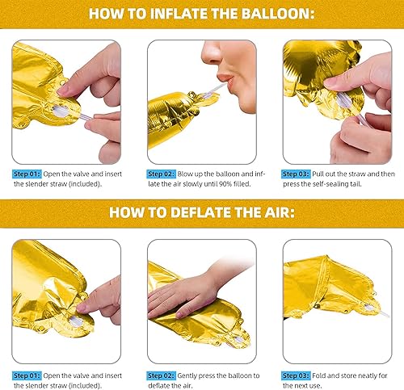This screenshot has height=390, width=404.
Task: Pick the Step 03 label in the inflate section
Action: pyautogui.click(x=297, y=174)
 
